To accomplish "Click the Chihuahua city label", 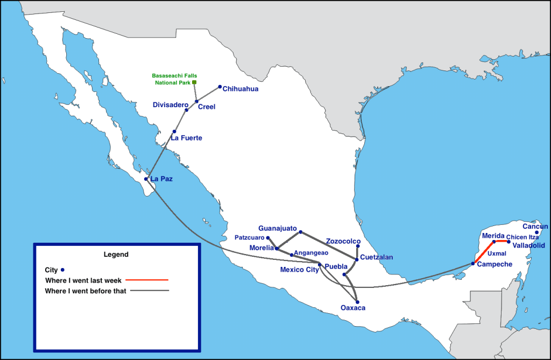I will pos(241,89).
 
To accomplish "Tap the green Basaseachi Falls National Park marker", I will pos(194,82).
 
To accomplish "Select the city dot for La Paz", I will pos(146,179).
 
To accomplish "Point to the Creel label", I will pos(207,107).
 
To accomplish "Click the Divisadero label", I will pos(170,104).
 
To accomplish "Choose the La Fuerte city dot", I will pos(174,131).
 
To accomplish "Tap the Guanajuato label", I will pos(278,228).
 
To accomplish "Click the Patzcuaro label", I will pos(250,237).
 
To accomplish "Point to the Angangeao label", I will pos(311,252).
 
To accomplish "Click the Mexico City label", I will pos(299,270).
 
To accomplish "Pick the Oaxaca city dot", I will pos(357,302).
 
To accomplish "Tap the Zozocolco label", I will pos(343,241).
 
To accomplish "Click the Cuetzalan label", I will pos(377,257).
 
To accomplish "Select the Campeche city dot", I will pos(473,263).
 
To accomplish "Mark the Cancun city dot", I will pos(536,232).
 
